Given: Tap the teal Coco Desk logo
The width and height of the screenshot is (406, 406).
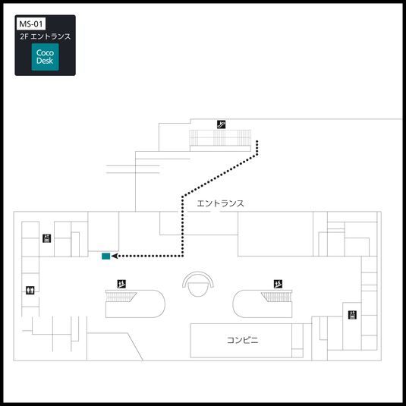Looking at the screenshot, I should [45, 58].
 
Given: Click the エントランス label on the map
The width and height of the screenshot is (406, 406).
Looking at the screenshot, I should [220, 203].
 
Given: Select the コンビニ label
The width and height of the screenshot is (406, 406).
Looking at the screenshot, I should [243, 340].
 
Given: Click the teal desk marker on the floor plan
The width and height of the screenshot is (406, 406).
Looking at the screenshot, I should [105, 256].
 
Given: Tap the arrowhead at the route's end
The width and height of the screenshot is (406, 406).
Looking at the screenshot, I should [115, 257].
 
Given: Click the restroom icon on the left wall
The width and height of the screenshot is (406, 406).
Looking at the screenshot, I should [30, 289].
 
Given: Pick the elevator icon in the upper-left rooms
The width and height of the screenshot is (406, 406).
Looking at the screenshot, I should [46, 238].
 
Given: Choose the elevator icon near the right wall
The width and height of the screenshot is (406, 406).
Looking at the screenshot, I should [352, 314].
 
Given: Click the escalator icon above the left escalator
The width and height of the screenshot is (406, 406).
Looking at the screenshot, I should [121, 284].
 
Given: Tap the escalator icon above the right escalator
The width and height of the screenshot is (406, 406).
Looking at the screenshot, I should [278, 284].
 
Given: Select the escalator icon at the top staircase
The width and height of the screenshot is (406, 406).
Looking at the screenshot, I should [221, 124].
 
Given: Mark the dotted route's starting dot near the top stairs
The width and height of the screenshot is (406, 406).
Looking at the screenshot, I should [259, 141].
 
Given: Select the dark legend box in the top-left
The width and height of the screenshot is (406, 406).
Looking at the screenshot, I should [46, 45].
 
